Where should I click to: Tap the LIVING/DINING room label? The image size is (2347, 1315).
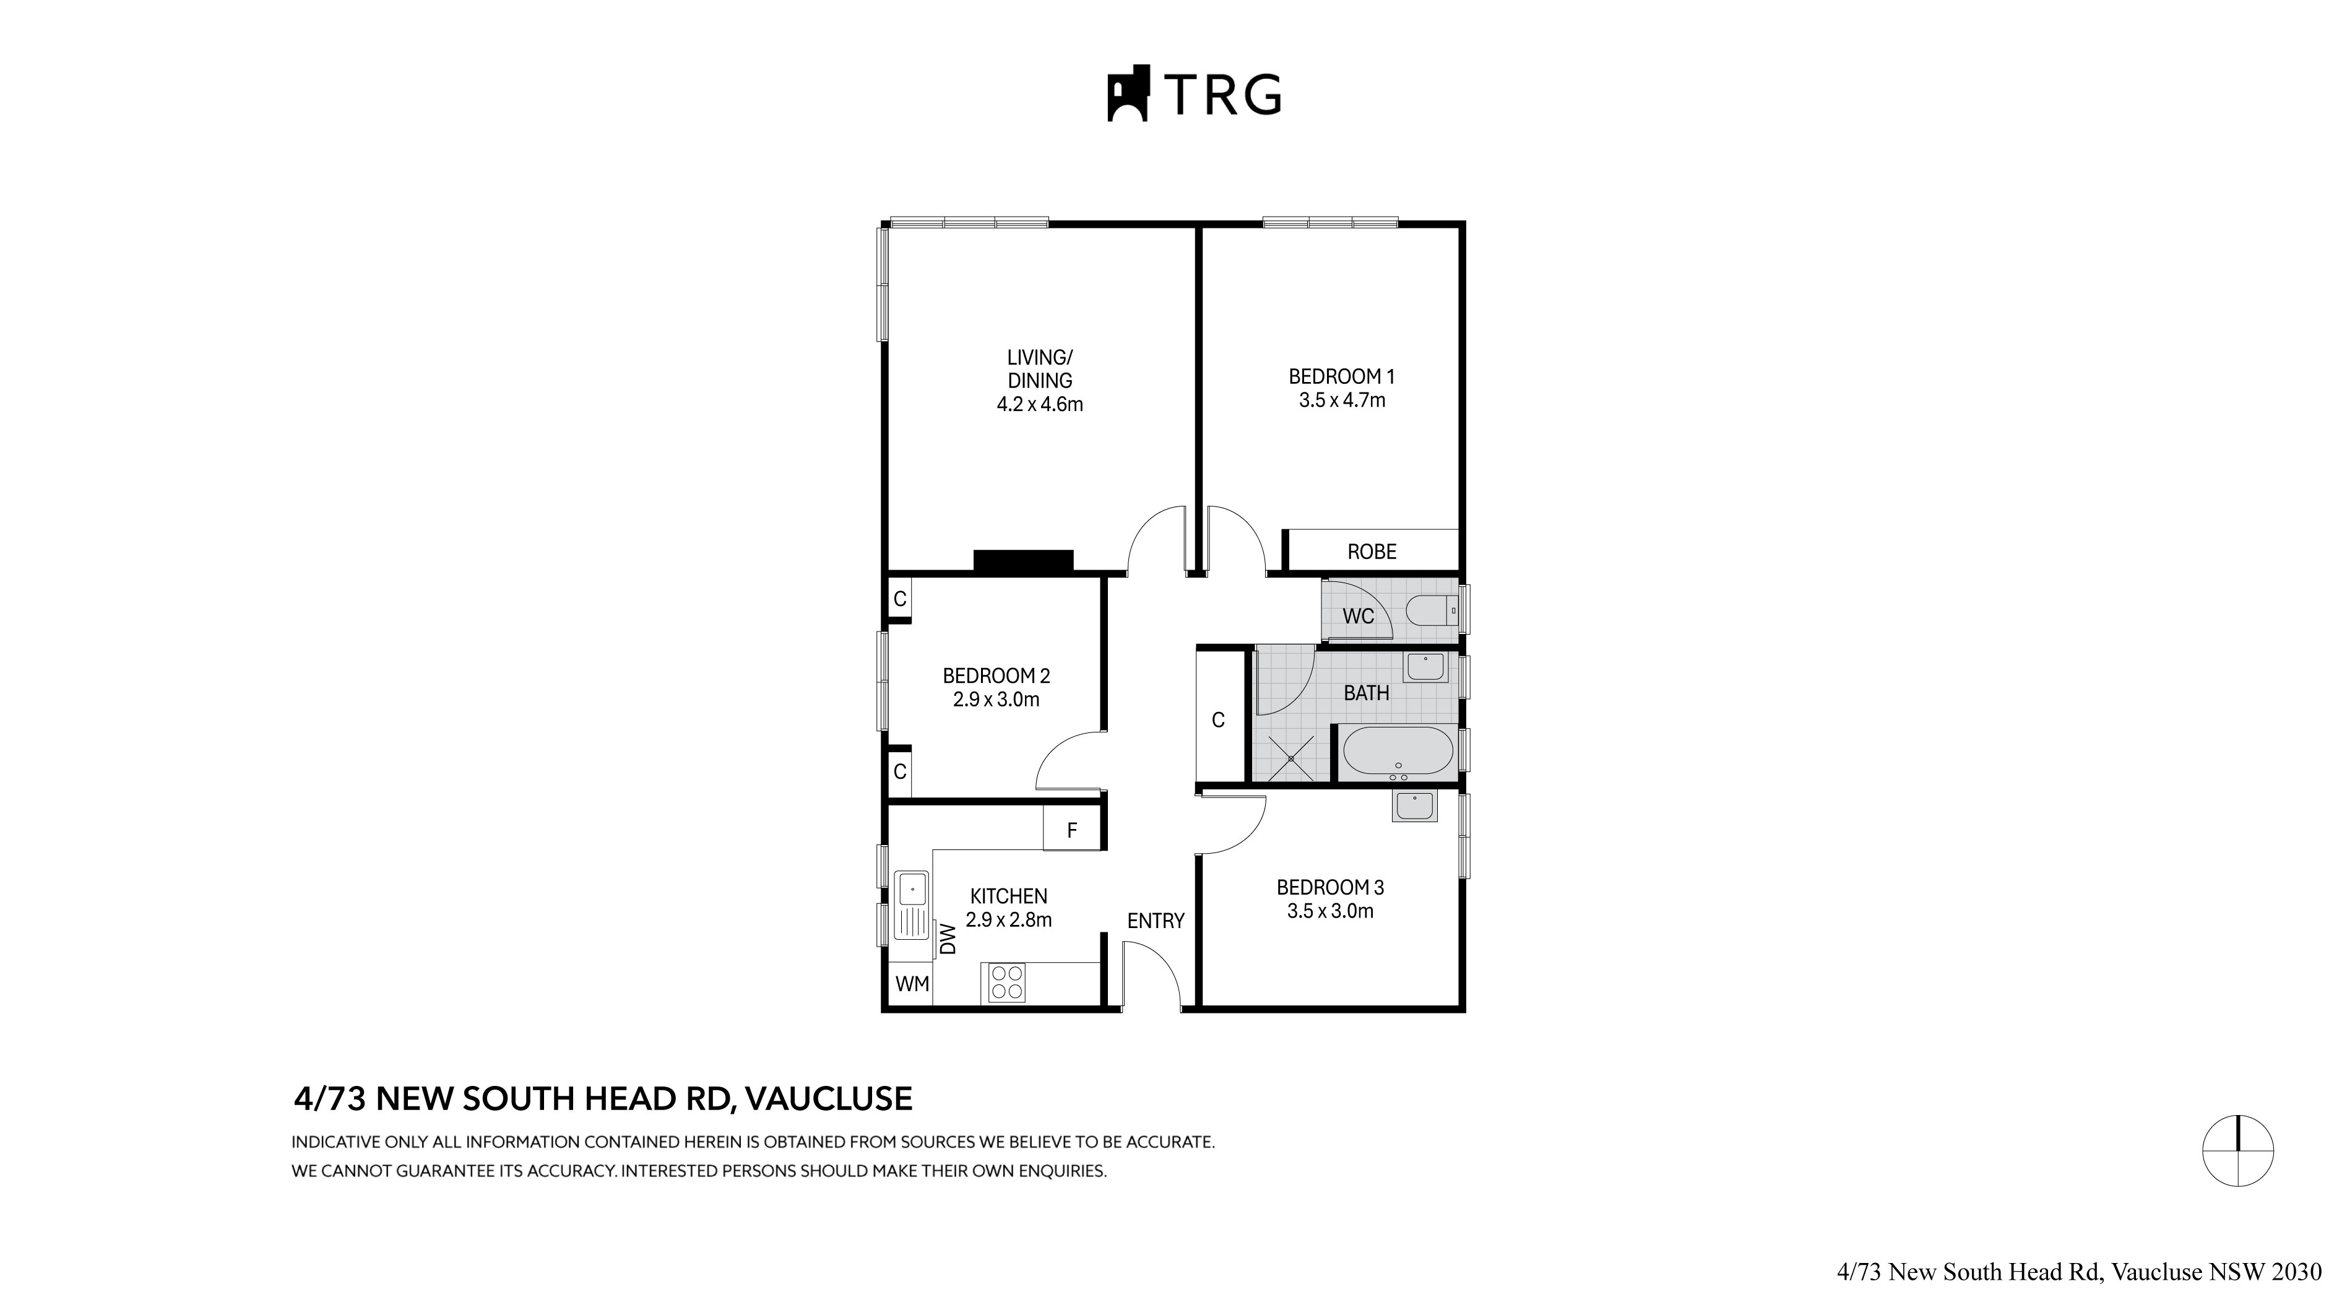pyautogui.click(x=1040, y=369)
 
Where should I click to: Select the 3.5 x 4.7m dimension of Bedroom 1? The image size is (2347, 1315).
pyautogui.click(x=1341, y=400)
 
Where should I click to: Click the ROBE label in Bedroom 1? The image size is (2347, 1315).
pyautogui.click(x=1371, y=552)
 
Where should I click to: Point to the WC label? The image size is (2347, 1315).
pyautogui.click(x=1357, y=616)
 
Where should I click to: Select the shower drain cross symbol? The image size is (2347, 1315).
pyautogui.click(x=1293, y=757)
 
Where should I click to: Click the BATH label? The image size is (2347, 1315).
pyautogui.click(x=1366, y=693)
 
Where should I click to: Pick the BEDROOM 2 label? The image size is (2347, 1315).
pyautogui.click(x=996, y=676)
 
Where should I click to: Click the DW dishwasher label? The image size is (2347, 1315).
pyautogui.click(x=948, y=939)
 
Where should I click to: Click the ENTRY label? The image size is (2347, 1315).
pyautogui.click(x=1156, y=921)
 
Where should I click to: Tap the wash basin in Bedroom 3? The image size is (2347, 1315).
pyautogui.click(x=1414, y=807)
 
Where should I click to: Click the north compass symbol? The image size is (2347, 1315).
pyautogui.click(x=2237, y=1150)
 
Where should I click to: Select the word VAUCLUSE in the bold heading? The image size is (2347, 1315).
pyautogui.click(x=828, y=1099)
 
